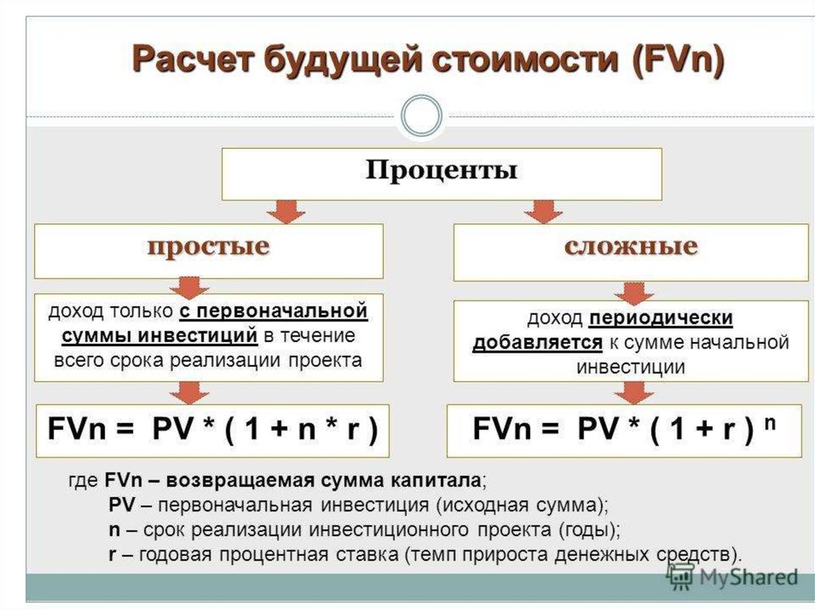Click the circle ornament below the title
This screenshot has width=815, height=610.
point(421,117)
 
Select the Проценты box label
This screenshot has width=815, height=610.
point(441,171)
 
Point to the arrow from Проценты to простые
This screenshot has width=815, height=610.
point(285,211)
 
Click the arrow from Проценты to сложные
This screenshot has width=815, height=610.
point(544,211)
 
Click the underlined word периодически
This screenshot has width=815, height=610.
point(661,319)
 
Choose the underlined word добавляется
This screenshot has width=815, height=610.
point(537,343)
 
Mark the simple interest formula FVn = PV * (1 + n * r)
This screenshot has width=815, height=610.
point(212,430)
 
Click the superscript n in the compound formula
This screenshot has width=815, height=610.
point(770,423)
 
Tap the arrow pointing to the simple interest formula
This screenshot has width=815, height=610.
point(189,391)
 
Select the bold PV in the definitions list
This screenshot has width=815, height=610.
point(121,505)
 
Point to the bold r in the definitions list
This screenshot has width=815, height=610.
point(112,553)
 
